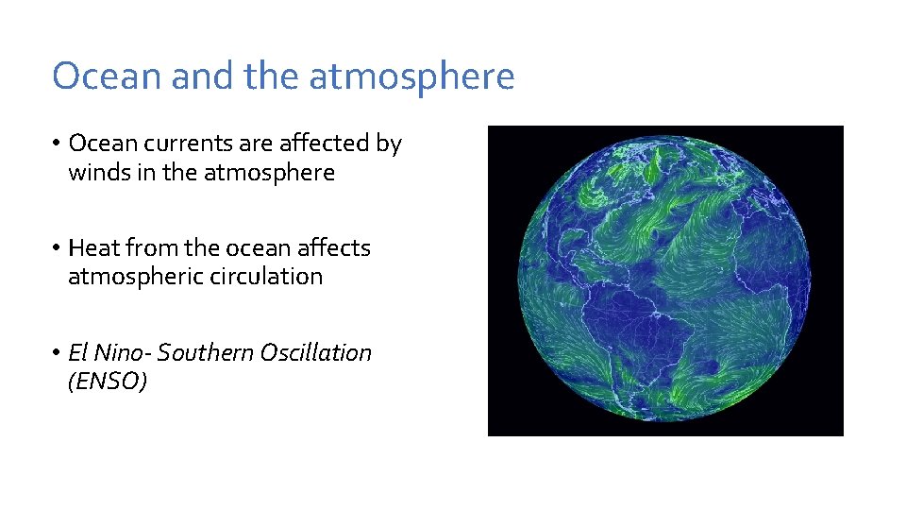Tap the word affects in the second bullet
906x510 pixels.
coord(334,248)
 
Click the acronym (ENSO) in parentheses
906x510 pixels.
coord(108,382)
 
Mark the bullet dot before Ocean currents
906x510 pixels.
coord(57,144)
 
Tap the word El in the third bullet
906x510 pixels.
coord(78,353)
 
